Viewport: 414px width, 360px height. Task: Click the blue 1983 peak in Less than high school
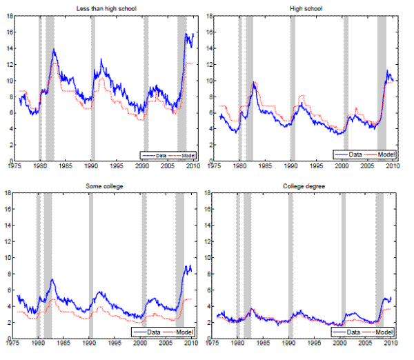tap(54, 50)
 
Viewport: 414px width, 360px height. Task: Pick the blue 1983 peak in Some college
tap(52, 279)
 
